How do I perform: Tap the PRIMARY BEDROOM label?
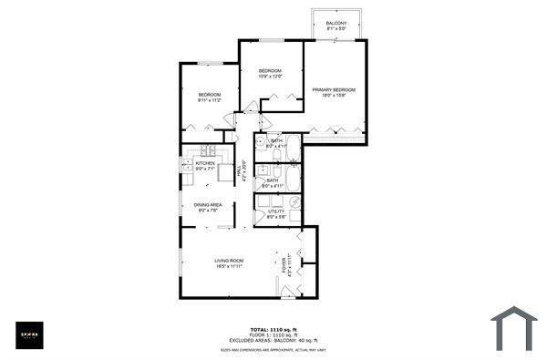point(334,89)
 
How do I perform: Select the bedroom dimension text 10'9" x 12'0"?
point(270,77)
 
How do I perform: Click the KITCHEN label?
point(205,163)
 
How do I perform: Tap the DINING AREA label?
point(208,204)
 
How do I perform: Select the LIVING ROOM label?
point(228,262)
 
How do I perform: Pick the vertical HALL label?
point(239,170)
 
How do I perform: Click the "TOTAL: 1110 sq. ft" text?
point(273,329)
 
